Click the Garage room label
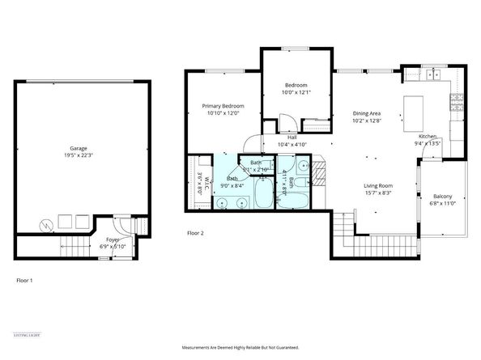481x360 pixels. (x=78, y=148)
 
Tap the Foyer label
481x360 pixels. (x=109, y=240)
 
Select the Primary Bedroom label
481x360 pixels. (x=223, y=106)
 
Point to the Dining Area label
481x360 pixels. (x=367, y=113)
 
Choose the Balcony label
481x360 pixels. (x=443, y=197)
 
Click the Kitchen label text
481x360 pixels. (x=427, y=137)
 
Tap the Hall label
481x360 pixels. (x=291, y=137)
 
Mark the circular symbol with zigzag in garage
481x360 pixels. (x=47, y=224)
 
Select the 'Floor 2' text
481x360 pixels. (x=195, y=233)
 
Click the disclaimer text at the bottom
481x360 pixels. (x=240, y=347)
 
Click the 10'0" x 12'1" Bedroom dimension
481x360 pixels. (x=297, y=92)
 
